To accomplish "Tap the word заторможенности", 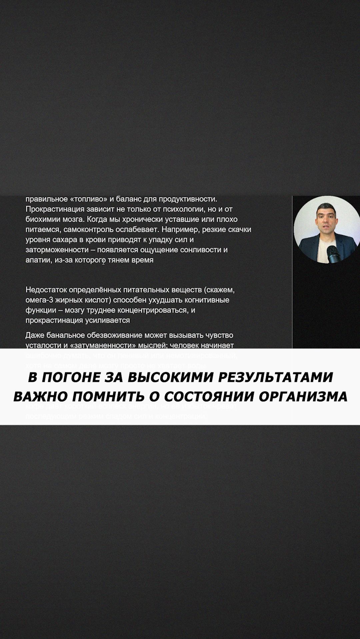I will (57, 250).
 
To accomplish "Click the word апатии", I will (38, 260).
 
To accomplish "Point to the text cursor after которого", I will (104, 261).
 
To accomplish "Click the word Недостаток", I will (46, 290).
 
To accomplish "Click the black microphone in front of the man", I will (333, 254).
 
